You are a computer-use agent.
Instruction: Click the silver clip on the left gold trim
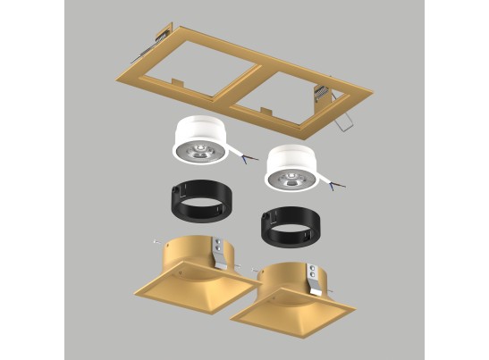tap(220, 251)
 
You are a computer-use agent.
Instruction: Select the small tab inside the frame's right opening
tap(266, 112)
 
